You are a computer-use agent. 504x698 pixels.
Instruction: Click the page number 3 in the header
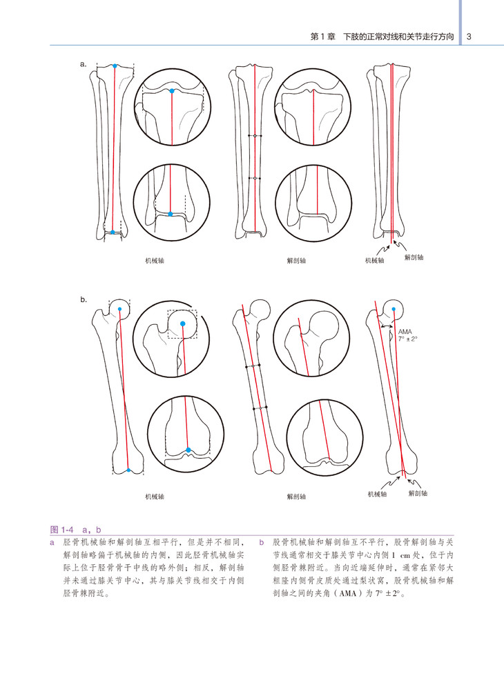[x=469, y=37]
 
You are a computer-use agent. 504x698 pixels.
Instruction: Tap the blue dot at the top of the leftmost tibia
[x=115, y=66]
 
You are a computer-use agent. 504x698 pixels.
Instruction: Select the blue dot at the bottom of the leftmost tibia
[x=113, y=232]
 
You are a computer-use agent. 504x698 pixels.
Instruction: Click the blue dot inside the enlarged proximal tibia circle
[x=171, y=90]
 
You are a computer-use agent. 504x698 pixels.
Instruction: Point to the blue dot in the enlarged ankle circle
[x=170, y=214]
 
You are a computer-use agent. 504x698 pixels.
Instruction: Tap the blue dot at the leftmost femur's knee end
[x=129, y=470]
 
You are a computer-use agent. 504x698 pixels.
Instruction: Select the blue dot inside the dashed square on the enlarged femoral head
[x=182, y=323]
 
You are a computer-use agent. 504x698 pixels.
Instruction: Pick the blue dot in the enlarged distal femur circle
[x=188, y=449]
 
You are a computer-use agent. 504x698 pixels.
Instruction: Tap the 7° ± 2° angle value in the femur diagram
[x=409, y=340]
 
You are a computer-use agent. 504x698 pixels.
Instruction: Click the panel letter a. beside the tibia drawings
[x=84, y=64]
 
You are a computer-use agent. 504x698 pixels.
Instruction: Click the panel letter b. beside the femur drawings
[x=84, y=300]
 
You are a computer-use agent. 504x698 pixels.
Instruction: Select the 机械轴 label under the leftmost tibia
[x=155, y=261]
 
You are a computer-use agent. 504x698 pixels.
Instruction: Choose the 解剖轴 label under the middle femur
[x=297, y=496]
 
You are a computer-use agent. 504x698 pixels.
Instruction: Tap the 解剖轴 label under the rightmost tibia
[x=414, y=257]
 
